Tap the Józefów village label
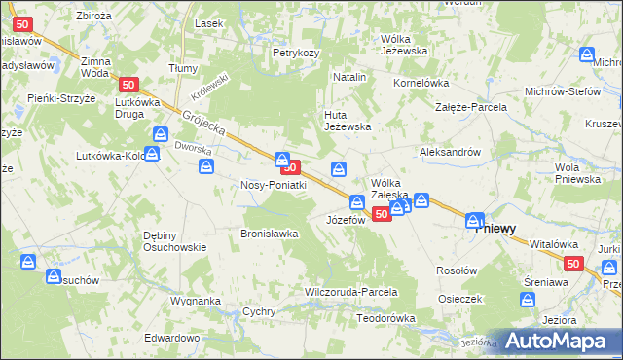[345, 220]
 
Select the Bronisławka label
[269, 234]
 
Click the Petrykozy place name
[296, 53]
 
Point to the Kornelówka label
[421, 83]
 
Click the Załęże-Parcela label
[471, 107]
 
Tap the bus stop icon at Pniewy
[475, 221]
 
